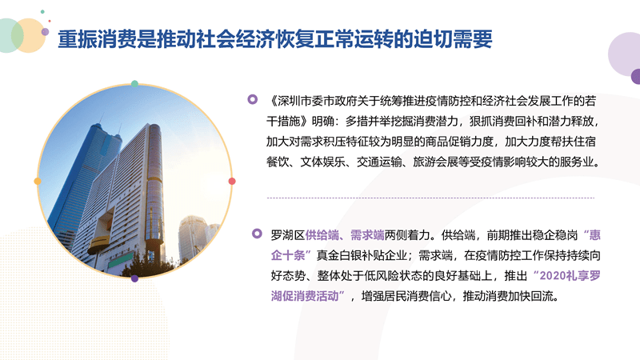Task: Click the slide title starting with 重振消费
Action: click(x=274, y=39)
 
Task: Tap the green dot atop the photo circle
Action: click(x=134, y=84)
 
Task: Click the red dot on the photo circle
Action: click(x=232, y=182)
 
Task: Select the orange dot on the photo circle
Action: click(x=38, y=182)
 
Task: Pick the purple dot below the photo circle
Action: click(x=134, y=278)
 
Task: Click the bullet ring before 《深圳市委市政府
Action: click(x=253, y=99)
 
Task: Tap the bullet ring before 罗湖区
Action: click(x=257, y=234)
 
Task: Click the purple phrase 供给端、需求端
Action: click(x=345, y=235)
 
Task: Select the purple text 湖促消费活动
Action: click(x=305, y=296)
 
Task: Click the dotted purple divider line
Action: click(x=430, y=198)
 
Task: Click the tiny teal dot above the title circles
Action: click(x=42, y=12)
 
